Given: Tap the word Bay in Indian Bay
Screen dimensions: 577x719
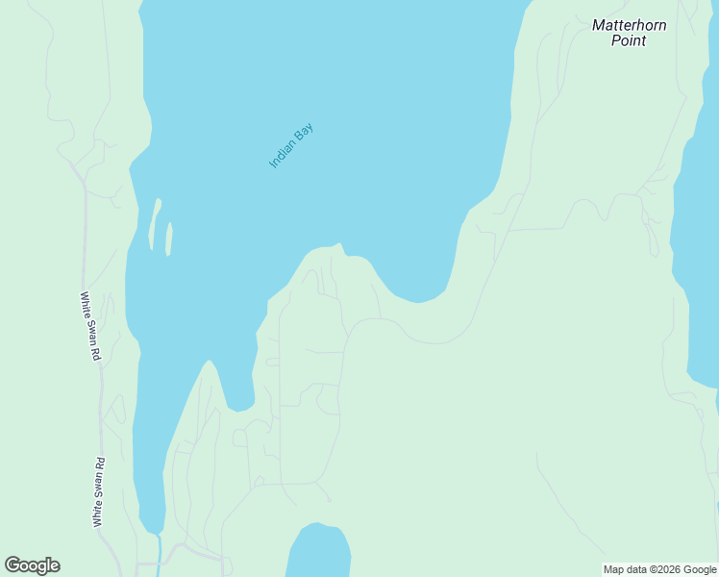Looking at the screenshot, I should (305, 133).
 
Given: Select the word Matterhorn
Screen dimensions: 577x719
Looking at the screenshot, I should (630, 26).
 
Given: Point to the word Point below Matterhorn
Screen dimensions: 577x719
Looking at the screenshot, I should (630, 40).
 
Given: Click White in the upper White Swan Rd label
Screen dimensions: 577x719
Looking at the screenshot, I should (86, 305).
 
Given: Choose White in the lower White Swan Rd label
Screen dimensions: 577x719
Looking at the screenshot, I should (98, 510).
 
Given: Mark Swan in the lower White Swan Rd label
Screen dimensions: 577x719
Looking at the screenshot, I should (99, 485).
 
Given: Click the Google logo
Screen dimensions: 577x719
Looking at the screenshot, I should (33, 565).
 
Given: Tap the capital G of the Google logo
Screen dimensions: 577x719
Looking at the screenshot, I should (13, 565).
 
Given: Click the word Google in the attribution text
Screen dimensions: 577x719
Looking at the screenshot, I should (700, 570).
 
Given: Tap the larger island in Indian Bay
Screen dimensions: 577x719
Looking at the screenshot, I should (154, 224).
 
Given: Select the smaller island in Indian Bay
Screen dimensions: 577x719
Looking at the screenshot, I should (169, 238).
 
